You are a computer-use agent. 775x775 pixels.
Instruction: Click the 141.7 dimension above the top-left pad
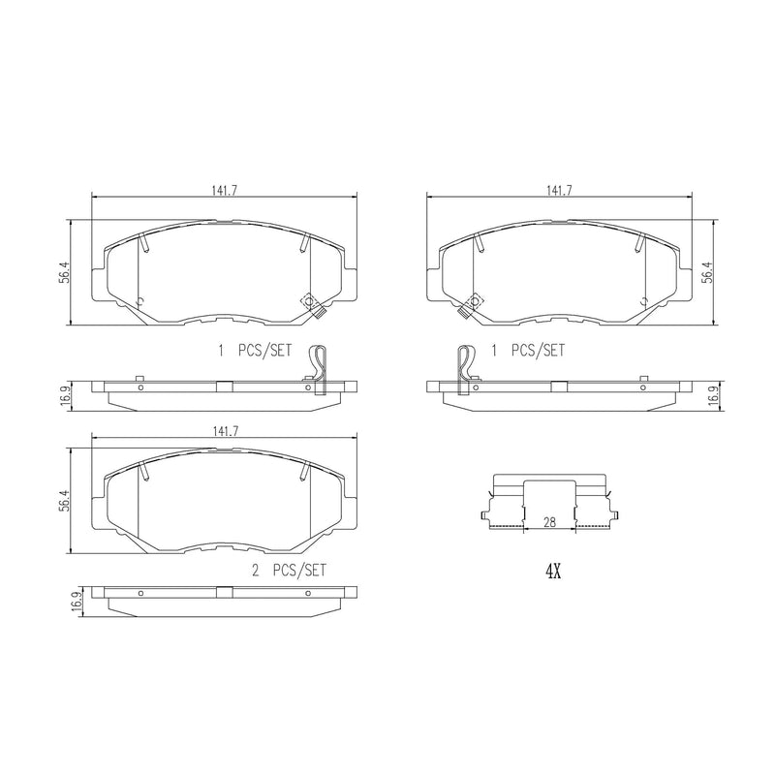[224, 191]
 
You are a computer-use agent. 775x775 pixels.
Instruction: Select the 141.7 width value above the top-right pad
[560, 191]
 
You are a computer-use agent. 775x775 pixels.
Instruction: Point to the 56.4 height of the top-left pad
[63, 275]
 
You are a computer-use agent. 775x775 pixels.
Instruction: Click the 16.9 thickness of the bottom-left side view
[74, 601]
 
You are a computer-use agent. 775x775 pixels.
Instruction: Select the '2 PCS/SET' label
[289, 571]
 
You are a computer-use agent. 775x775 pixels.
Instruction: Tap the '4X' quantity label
[553, 572]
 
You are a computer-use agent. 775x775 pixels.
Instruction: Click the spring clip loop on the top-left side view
[316, 365]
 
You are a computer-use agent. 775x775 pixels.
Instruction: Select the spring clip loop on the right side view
[465, 366]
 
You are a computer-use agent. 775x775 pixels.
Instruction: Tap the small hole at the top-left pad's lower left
[141, 300]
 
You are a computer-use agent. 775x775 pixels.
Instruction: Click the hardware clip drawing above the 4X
[550, 504]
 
